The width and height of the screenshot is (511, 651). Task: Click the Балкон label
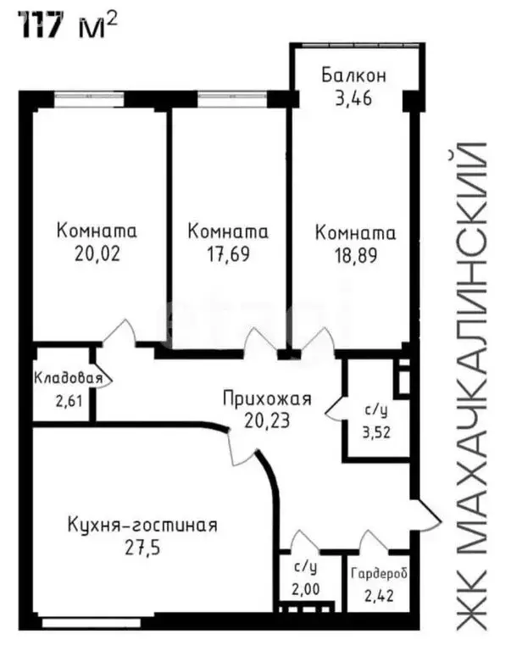coord(353,75)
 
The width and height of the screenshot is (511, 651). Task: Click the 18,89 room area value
coord(355,252)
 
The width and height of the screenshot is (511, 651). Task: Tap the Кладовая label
coord(69,379)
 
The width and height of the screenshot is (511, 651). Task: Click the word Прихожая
coord(267,398)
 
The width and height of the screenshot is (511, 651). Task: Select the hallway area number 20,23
coord(267,419)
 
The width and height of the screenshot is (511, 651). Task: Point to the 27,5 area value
coord(142,547)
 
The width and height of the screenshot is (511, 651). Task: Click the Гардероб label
coord(380,574)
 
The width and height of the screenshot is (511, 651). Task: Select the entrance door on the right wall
coord(428,514)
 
